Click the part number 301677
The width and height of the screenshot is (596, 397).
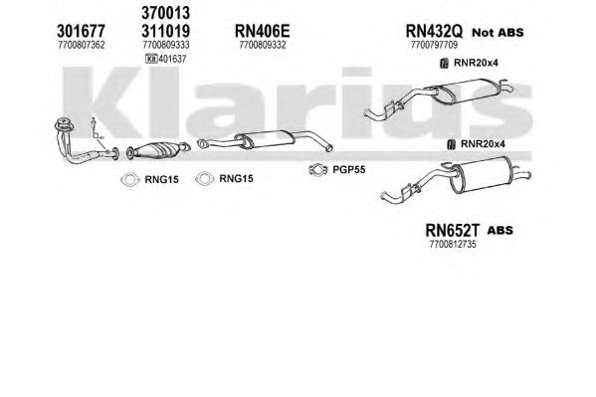coord(81,31)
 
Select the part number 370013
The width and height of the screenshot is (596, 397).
coord(165,13)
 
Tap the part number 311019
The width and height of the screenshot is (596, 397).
coord(165,31)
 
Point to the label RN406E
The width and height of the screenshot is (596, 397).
coord(263,31)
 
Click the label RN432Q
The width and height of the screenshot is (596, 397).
coord(434,31)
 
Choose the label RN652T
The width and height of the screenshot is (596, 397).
coord(453,230)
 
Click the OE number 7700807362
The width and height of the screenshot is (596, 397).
coord(82,45)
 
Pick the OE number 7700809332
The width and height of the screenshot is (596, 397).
coord(263,45)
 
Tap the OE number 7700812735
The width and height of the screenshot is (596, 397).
coord(453,244)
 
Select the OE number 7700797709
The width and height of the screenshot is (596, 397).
coord(434,45)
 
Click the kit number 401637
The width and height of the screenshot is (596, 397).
coord(172,59)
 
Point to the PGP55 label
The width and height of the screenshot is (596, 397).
coord(349,169)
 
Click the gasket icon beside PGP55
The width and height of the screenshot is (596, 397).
coord(318,170)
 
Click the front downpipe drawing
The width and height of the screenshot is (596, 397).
coord(87,141)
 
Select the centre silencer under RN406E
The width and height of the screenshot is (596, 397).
coord(265,140)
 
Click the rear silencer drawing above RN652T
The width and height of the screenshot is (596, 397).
coord(456,179)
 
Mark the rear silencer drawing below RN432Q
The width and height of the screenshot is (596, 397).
coord(439,98)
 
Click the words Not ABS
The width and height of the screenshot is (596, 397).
coord(497,33)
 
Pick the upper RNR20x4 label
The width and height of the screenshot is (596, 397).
coord(476,63)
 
